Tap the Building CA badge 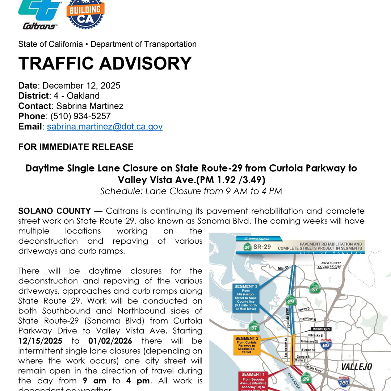point(85,14)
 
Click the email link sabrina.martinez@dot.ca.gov point(105,127)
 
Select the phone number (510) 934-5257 point(80,116)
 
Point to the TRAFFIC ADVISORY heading point(105,63)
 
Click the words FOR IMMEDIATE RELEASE point(76,147)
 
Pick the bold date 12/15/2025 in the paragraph point(40,341)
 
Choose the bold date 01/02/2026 point(110,341)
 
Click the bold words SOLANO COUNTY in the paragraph point(55,211)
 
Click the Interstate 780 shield point(344,382)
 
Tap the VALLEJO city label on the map point(356,367)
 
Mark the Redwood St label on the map point(308,319)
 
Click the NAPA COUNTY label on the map point(331,263)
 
